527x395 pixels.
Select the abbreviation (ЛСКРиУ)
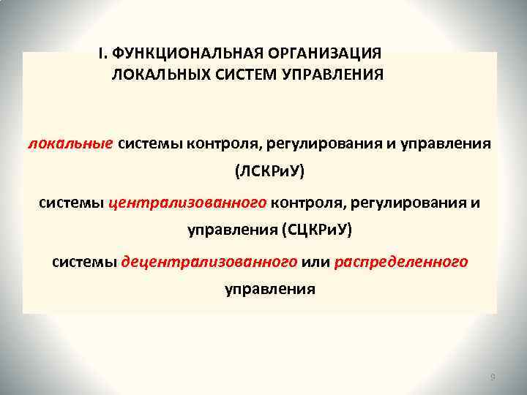[x=269, y=172]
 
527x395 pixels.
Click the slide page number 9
[x=492, y=377]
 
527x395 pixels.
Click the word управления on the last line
[x=269, y=290]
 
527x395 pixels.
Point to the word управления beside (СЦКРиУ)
[x=231, y=231]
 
